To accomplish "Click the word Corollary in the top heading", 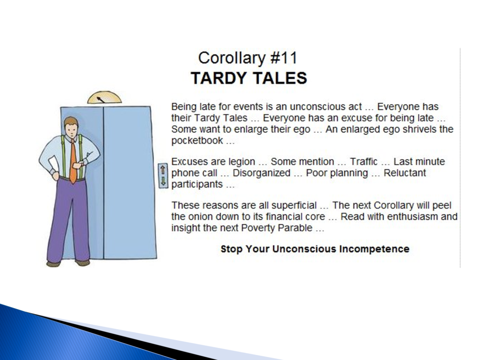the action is coord(232,58).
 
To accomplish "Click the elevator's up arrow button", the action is coord(163,169).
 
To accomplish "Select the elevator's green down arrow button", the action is coord(163,181).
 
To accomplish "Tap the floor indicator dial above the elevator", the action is coord(104,97).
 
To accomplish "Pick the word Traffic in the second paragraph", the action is coord(363,161).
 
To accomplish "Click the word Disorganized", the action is coord(261,173).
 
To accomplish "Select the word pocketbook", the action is coord(197,140).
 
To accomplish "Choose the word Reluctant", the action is coord(405,173).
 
